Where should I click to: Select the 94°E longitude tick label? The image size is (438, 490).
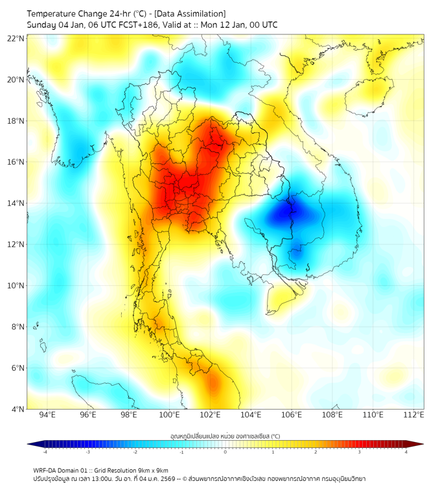point(47,415)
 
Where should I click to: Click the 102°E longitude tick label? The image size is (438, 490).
point(210,415)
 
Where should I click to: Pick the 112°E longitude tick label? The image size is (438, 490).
point(413,415)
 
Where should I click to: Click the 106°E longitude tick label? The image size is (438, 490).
point(291,415)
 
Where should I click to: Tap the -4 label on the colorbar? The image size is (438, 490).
point(45,452)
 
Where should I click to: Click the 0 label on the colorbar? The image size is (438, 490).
point(225,452)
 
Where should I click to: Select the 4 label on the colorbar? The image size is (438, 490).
point(406,452)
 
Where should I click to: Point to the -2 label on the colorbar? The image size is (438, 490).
point(135,452)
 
